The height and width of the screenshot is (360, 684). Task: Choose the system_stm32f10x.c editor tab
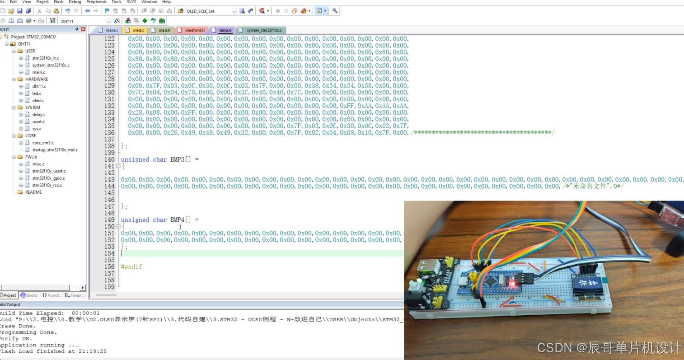[x=264, y=30]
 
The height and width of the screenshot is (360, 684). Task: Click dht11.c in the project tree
[x=39, y=86]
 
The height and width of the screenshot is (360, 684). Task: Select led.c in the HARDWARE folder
[x=37, y=94]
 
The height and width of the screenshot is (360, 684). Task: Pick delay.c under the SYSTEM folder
[x=38, y=115]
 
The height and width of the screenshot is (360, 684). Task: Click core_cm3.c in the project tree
[x=43, y=143]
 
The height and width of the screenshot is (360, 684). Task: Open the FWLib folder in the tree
[x=31, y=157]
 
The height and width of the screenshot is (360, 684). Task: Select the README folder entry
[x=33, y=192]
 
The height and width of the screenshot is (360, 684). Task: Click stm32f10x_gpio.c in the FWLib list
[x=48, y=178]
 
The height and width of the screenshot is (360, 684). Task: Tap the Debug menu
[x=75, y=2]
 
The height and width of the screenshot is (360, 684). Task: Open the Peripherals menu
[x=96, y=2]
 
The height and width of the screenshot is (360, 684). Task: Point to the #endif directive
[x=131, y=267]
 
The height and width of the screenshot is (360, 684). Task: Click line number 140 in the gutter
[x=109, y=159]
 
